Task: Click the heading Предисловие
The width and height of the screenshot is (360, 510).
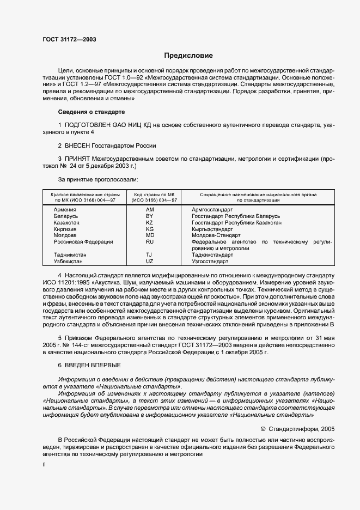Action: [x=189, y=56]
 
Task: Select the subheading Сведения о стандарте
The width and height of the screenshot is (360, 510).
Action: [x=91, y=112]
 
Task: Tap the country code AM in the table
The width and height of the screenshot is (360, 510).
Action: [x=150, y=209]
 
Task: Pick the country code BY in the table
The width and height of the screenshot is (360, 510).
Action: [x=150, y=216]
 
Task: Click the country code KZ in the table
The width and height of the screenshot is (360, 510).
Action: [x=150, y=223]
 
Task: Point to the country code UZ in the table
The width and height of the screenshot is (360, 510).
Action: [x=150, y=262]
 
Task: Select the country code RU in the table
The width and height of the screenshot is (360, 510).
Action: [x=150, y=242]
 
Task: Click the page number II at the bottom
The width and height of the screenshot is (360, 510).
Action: [x=45, y=465]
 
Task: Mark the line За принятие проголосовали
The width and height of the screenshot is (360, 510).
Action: [x=97, y=179]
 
